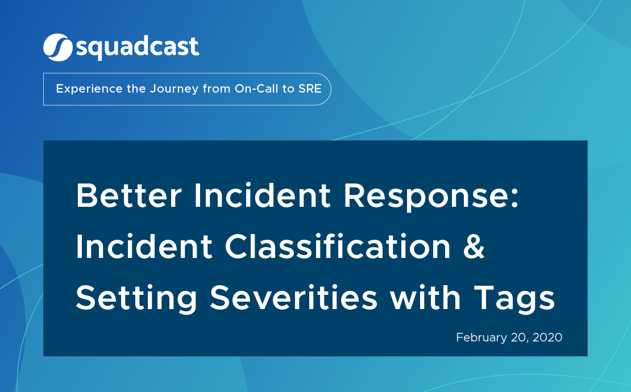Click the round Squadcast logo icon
(x=57, y=47)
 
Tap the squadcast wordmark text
(x=137, y=48)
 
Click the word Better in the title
(x=130, y=196)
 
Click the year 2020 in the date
(x=547, y=337)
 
